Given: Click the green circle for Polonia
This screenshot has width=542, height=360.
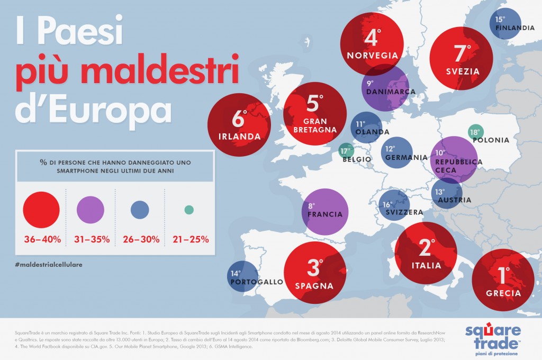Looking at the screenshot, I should pyautogui.click(x=474, y=132).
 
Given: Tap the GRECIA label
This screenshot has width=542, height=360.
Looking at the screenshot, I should pyautogui.click(x=504, y=293).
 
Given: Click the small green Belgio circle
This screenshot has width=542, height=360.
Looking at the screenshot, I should pyautogui.click(x=345, y=150).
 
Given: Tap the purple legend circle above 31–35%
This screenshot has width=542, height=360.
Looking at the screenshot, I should pyautogui.click(x=91, y=210).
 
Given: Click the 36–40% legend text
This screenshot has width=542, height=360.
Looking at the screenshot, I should pyautogui.click(x=42, y=239).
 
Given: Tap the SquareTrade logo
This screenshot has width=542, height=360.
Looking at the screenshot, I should pyautogui.click(x=492, y=338).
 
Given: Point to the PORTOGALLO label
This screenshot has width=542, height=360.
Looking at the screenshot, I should pyautogui.click(x=257, y=282).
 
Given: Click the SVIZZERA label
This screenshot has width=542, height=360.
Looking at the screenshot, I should pyautogui.click(x=401, y=212).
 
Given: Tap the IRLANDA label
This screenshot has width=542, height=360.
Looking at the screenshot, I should pyautogui.click(x=239, y=136).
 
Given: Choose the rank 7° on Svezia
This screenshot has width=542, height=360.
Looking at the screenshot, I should pyautogui.click(x=462, y=53).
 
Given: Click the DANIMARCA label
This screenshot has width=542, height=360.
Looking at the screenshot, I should pyautogui.click(x=391, y=92).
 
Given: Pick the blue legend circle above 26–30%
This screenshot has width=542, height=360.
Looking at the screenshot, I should pyautogui.click(x=140, y=210).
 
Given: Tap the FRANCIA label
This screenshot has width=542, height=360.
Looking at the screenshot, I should pyautogui.click(x=325, y=214).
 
